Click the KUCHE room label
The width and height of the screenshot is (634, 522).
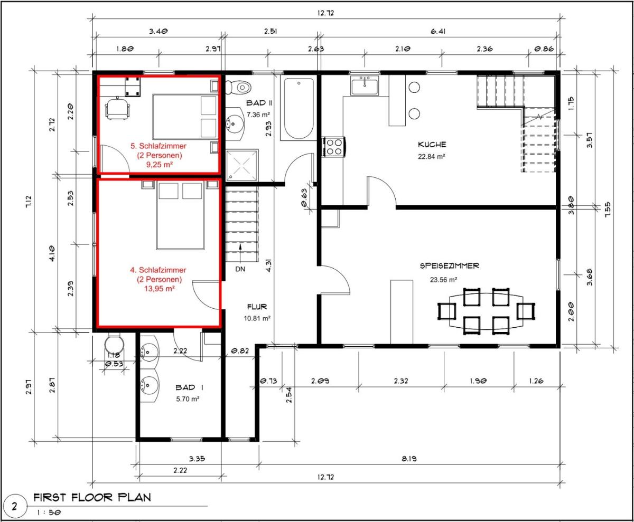(x=432, y=145)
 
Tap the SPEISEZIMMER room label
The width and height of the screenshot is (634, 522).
(x=450, y=265)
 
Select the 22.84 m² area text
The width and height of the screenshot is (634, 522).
(x=432, y=157)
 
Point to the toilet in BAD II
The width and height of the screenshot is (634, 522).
(x=238, y=88)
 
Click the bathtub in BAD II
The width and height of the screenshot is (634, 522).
(x=299, y=108)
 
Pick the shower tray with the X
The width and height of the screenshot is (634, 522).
(x=242, y=165)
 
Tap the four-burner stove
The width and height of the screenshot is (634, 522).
(x=333, y=147)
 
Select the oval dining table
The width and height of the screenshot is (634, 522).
(x=486, y=311)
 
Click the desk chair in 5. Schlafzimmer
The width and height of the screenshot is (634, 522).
(x=117, y=108)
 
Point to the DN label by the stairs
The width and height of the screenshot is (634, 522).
(x=240, y=269)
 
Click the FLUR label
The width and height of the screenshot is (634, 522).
(x=257, y=307)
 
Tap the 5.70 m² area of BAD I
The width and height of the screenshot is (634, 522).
(x=188, y=399)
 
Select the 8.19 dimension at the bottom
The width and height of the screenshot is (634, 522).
(x=409, y=459)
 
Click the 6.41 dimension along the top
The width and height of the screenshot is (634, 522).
(x=438, y=31)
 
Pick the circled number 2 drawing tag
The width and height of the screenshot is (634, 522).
(x=14, y=506)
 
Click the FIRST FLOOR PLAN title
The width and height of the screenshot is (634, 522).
(x=92, y=497)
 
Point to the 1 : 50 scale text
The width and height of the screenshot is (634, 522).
(x=49, y=512)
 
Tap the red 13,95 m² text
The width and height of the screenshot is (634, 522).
(x=159, y=289)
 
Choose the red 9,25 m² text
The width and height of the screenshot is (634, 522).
(x=160, y=165)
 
